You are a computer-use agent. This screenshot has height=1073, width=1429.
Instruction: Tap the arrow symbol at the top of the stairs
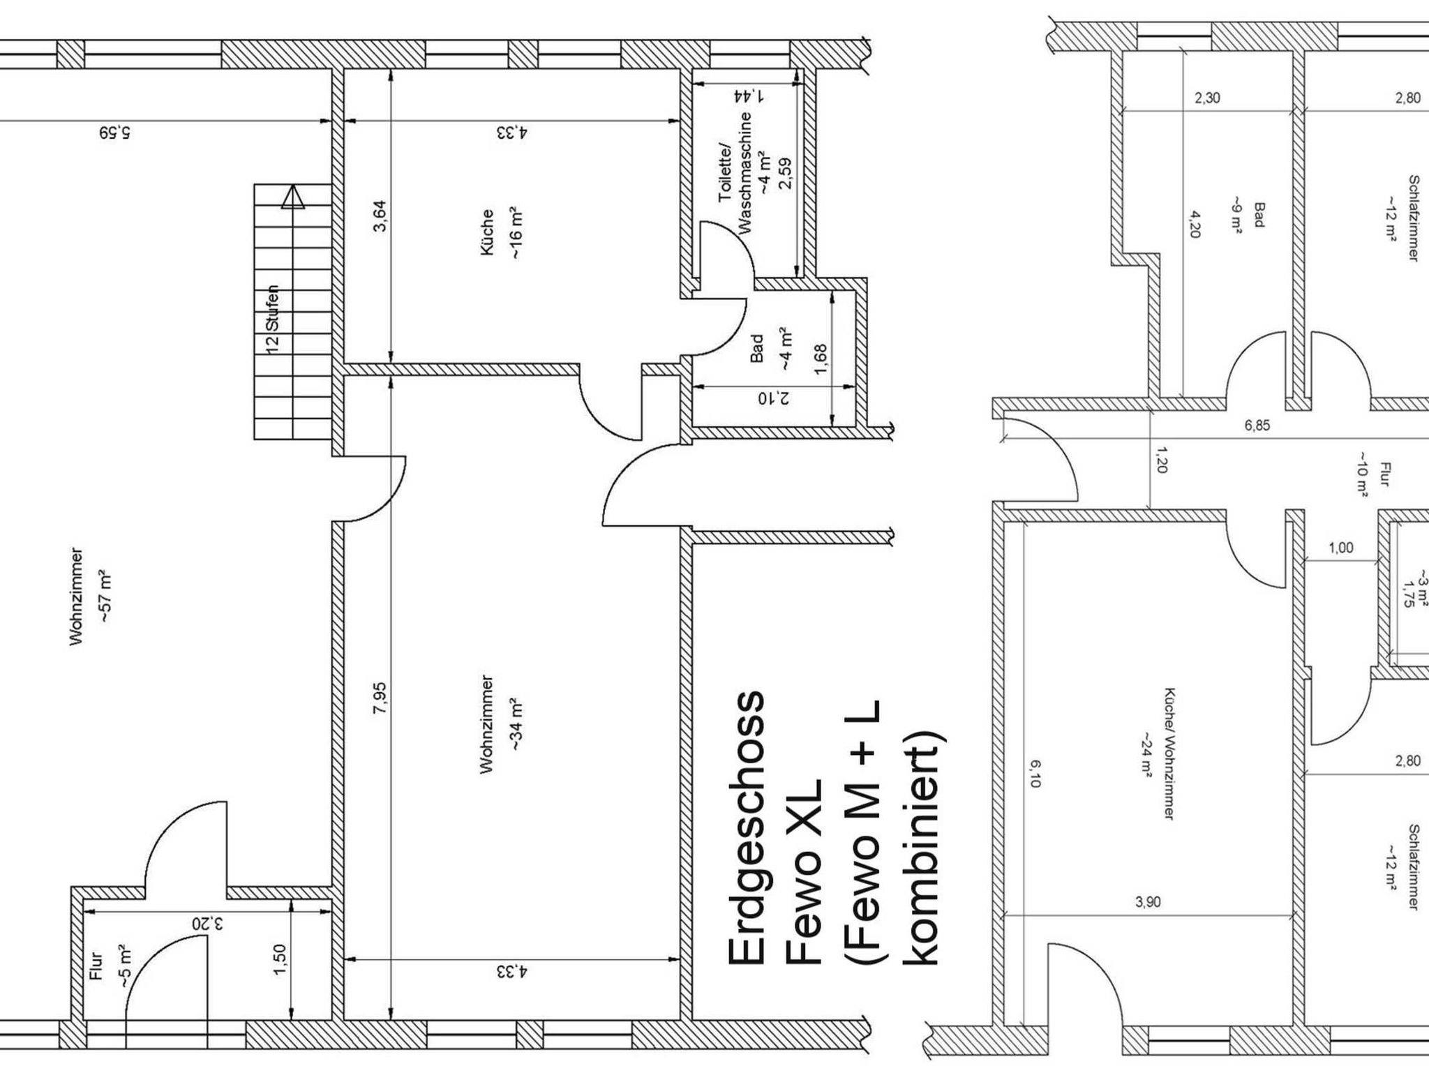click(293, 197)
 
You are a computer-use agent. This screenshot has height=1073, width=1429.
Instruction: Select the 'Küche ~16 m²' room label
click(501, 232)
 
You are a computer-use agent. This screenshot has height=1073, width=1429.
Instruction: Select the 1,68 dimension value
click(821, 359)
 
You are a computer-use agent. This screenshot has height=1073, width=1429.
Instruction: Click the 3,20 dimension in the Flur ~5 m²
click(209, 924)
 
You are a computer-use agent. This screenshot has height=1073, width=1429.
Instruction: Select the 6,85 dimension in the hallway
click(1257, 426)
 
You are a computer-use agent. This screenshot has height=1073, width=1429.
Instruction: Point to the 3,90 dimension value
click(1148, 902)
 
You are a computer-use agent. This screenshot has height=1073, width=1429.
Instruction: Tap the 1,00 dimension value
click(1340, 548)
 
